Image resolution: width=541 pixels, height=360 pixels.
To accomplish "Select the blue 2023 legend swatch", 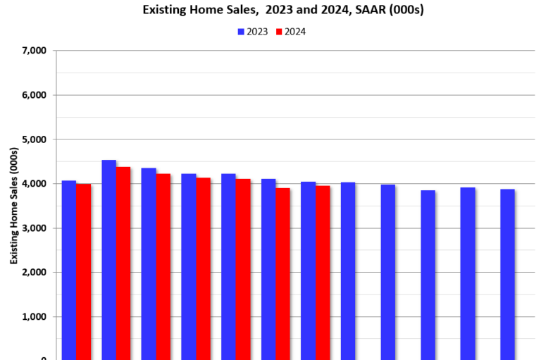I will pyautogui.click(x=241, y=32).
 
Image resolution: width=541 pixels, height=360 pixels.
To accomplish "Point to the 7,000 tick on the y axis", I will pyautogui.click(x=34, y=51).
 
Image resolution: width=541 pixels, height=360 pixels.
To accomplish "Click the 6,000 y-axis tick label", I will pyautogui.click(x=34, y=95).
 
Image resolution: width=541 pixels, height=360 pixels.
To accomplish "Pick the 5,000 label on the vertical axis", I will pyautogui.click(x=34, y=139).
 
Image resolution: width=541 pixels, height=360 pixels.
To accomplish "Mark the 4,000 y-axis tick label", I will pyautogui.click(x=34, y=184).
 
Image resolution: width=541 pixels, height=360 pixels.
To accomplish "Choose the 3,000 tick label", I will pyautogui.click(x=34, y=228).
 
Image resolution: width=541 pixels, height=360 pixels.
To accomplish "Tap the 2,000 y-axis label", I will pyautogui.click(x=34, y=273).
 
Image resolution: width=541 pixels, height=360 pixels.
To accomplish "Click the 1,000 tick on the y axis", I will pyautogui.click(x=34, y=317).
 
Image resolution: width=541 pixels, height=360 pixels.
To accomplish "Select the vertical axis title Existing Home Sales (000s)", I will pyautogui.click(x=13, y=206).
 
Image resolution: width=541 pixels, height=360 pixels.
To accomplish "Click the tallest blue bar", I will pyautogui.click(x=108, y=261).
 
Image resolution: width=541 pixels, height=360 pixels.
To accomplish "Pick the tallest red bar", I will pyautogui.click(x=123, y=264).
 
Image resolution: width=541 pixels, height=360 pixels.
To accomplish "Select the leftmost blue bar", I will pyautogui.click(x=69, y=271).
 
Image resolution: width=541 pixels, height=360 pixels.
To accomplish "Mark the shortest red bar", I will pyautogui.click(x=282, y=275).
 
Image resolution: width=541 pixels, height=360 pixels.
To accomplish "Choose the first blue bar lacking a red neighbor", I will pyautogui.click(x=348, y=272).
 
